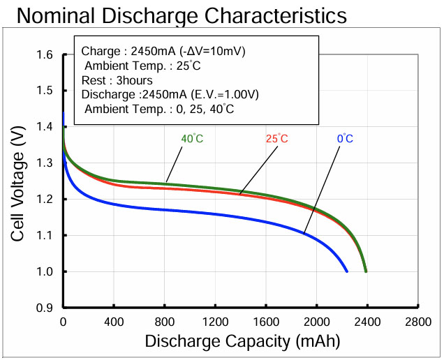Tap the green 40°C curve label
(192, 139)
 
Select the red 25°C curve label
(276, 139)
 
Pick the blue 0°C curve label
(345, 139)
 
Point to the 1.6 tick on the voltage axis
(45, 54)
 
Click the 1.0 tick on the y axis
(45, 271)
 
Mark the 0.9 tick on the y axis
(45, 308)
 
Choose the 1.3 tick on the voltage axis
(45, 163)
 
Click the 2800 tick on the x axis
(417, 322)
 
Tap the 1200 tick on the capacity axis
(215, 322)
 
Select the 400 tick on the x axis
(114, 322)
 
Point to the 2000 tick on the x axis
(316, 322)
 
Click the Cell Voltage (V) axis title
(19, 182)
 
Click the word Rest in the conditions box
(93, 80)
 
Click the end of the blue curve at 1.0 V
(347, 271)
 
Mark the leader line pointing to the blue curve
(323, 188)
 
